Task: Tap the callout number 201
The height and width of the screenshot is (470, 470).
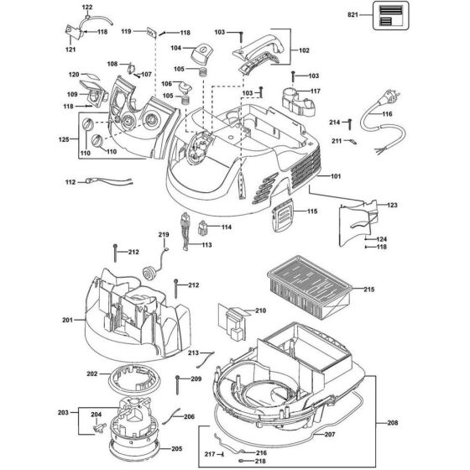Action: (x=68, y=320)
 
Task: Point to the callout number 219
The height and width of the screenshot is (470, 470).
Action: (x=164, y=234)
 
